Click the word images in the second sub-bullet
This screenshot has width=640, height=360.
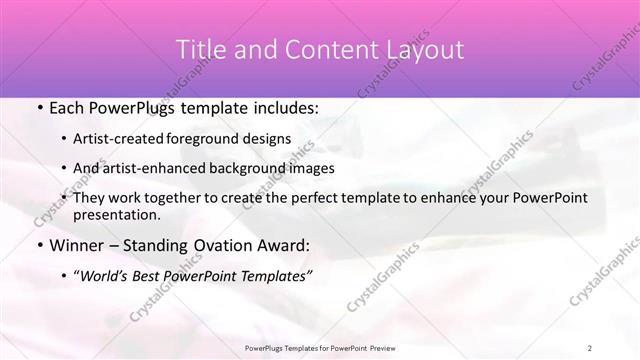(x=312, y=168)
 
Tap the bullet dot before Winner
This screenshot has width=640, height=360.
(x=38, y=245)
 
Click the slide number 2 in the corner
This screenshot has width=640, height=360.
(x=590, y=348)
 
